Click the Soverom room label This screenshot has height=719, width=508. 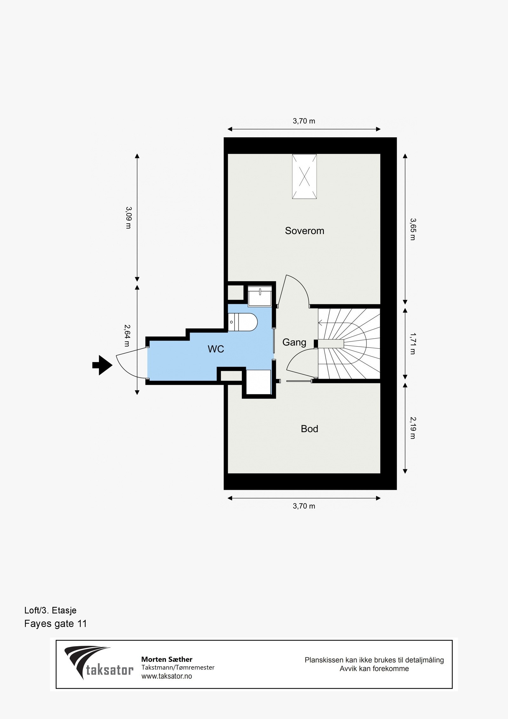tap(304, 231)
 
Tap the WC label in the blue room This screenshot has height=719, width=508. tap(216, 349)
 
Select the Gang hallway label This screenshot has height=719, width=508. tap(294, 342)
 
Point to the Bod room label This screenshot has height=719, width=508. tap(309, 429)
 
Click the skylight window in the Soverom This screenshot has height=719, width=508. tap(304, 176)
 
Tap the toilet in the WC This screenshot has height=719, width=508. tap(243, 322)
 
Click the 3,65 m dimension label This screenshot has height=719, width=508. tap(412, 229)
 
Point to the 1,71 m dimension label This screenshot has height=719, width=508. tap(412, 343)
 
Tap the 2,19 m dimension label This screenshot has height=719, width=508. tap(412, 428)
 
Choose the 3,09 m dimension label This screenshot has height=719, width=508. tap(128, 218)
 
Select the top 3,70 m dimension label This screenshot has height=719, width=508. tap(304, 121)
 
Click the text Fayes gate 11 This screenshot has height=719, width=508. tap(55, 623)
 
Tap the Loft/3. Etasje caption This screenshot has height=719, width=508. tap(50, 610)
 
